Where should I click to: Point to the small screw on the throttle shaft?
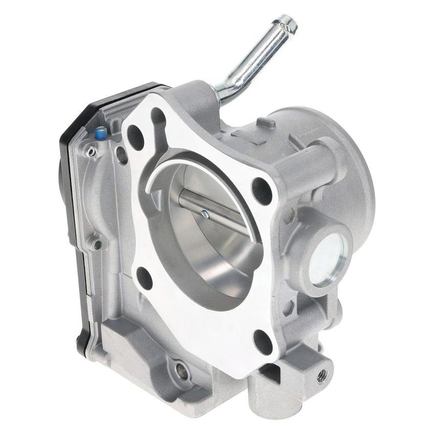click(205, 214)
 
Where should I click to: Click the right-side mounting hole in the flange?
click(262, 190)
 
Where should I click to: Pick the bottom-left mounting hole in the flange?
click(144, 278)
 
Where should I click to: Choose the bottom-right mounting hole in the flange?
click(263, 341)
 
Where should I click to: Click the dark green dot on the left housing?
click(99, 245)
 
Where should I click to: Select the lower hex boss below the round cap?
click(290, 307)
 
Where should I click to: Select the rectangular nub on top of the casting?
click(266, 122)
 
